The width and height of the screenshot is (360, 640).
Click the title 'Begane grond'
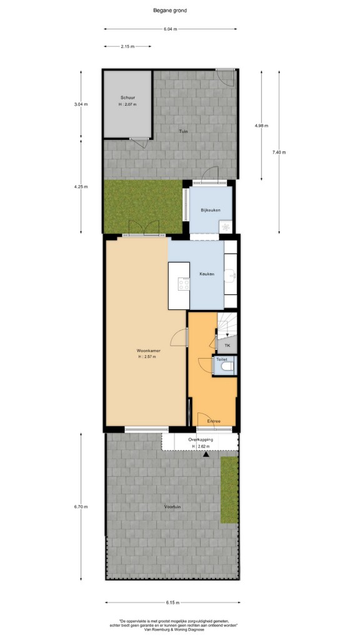click(x=170, y=11)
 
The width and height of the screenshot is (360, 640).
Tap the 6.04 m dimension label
click(x=170, y=29)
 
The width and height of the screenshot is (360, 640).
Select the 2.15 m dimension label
click(x=127, y=46)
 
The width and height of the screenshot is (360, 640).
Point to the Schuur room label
click(x=127, y=97)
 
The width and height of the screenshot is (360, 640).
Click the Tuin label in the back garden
click(x=183, y=131)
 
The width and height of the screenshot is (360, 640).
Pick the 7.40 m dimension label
click(x=279, y=152)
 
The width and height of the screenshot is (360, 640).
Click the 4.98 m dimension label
click(x=261, y=126)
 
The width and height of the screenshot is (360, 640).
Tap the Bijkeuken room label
click(x=211, y=210)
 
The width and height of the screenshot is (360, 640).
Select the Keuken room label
click(x=206, y=274)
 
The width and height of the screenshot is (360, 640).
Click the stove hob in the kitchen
click(x=184, y=284)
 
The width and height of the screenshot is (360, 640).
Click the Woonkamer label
click(x=148, y=351)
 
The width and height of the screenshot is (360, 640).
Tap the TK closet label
click(x=227, y=346)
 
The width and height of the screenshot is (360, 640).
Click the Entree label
click(x=214, y=421)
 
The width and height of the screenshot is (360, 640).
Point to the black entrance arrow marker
click(x=206, y=454)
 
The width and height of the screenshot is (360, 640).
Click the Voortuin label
click(x=172, y=507)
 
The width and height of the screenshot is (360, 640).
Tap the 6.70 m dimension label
click(x=81, y=506)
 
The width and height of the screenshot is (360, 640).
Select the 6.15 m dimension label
click(x=172, y=602)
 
